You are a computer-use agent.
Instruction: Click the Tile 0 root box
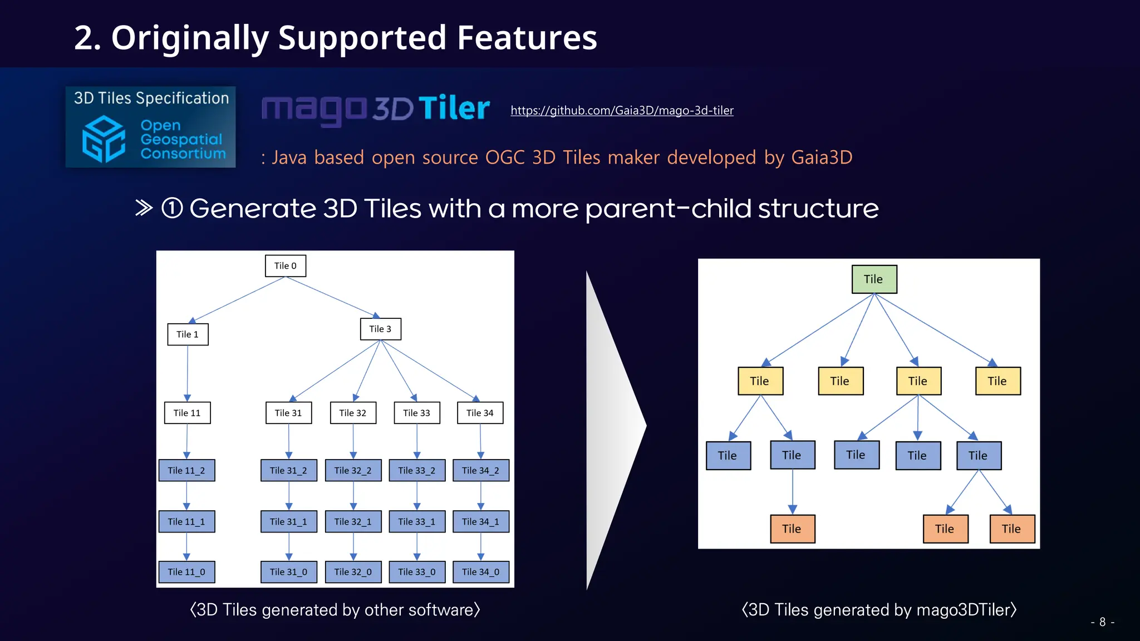[286, 266]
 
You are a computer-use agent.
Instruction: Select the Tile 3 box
[381, 329]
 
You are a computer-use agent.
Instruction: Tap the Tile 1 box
[188, 334]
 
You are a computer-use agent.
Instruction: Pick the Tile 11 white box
[187, 413]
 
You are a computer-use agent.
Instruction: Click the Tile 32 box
[353, 413]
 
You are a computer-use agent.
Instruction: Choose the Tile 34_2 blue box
[481, 470]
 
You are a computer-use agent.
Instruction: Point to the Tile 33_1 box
[417, 521]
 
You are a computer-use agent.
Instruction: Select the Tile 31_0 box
[288, 572]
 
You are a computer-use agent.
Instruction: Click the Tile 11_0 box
[186, 572]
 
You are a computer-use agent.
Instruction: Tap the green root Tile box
[874, 279]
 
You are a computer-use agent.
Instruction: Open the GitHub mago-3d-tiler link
[622, 110]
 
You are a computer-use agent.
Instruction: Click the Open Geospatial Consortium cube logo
[104, 139]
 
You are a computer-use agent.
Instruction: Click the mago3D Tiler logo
[376, 109]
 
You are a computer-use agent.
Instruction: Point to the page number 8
[1102, 622]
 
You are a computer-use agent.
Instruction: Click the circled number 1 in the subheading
[172, 209]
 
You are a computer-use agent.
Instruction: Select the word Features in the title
[527, 38]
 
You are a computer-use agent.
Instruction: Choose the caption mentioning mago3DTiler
[879, 610]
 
